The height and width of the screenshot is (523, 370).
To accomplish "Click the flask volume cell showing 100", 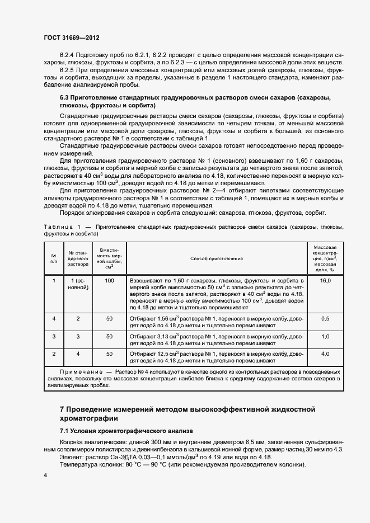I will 109,280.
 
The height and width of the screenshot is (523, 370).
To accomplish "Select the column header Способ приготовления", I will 216,258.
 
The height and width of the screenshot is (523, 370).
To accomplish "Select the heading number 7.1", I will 67,431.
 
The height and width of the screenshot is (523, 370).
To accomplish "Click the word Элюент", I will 71,457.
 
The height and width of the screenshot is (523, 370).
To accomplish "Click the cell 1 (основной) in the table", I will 78,284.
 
